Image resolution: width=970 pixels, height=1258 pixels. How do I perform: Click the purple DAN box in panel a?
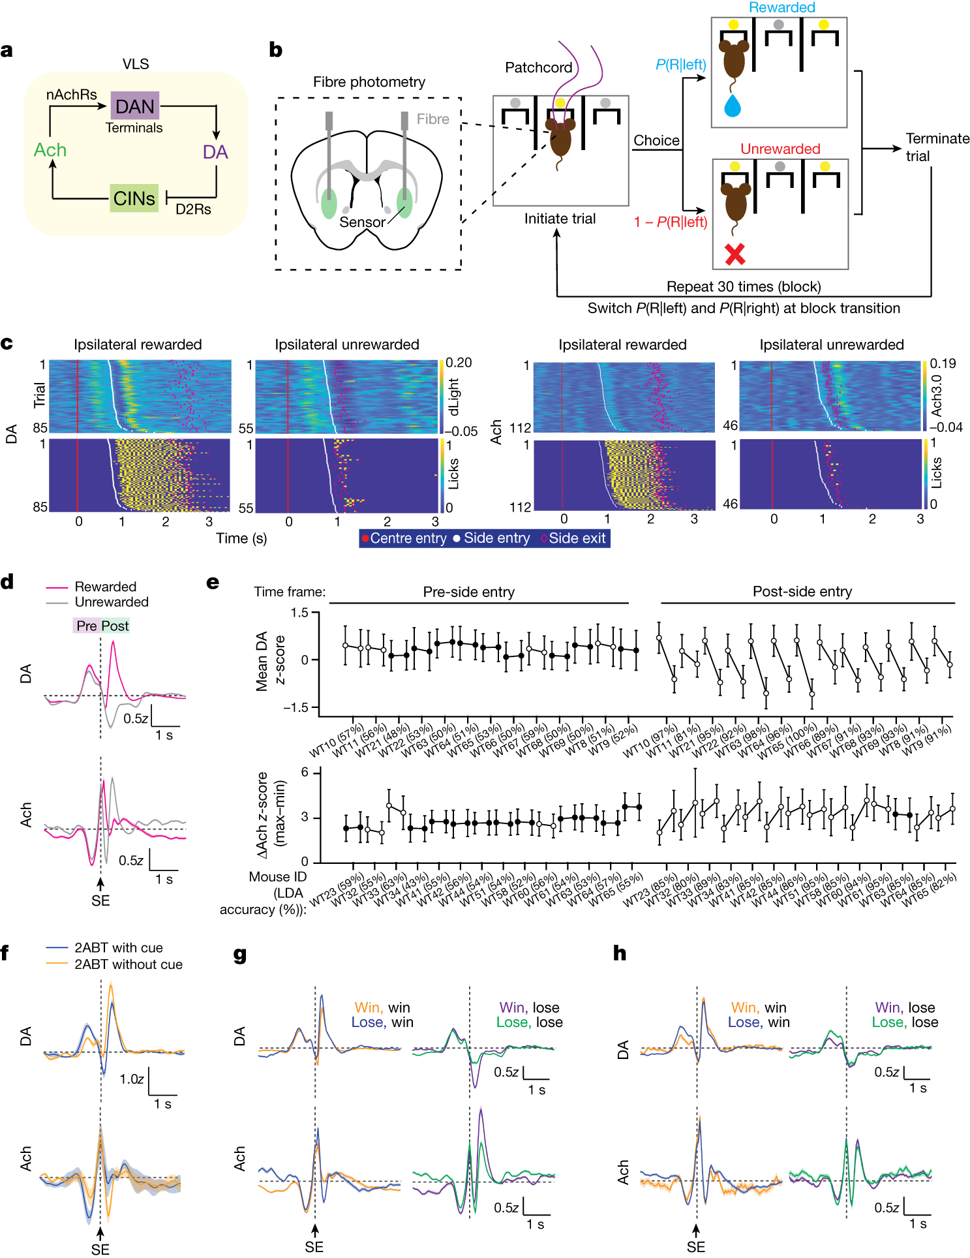[x=134, y=106]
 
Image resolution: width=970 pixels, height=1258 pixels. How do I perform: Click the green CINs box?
[x=134, y=198]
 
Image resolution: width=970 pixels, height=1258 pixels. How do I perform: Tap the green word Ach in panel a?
[x=50, y=150]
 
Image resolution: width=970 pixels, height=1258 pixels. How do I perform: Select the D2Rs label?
[x=193, y=209]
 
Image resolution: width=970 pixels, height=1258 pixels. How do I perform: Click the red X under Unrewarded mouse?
[x=735, y=254]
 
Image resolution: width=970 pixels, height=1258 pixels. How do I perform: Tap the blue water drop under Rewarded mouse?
[x=733, y=106]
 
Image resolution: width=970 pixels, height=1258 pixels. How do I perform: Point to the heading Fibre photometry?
[x=369, y=82]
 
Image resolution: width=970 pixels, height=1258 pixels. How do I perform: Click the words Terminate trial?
[x=937, y=147]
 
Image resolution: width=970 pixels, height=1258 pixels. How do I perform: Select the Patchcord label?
[x=538, y=68]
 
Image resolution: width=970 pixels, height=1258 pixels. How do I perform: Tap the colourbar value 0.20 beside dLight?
[x=459, y=363]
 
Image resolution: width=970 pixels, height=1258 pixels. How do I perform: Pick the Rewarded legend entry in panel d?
[x=105, y=587]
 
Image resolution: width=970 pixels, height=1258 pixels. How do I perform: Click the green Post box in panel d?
[x=115, y=626]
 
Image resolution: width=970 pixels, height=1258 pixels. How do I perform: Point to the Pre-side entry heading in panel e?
[x=468, y=592]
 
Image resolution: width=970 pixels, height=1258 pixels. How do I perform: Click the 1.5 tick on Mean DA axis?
[x=299, y=612]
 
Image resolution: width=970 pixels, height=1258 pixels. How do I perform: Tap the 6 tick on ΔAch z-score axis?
[x=304, y=773]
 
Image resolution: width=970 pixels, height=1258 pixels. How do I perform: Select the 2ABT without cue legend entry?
[x=128, y=964]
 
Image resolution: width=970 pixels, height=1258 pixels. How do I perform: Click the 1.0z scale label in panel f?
[x=131, y=1079]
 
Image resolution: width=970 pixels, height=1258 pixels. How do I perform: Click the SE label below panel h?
[x=695, y=1247]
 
